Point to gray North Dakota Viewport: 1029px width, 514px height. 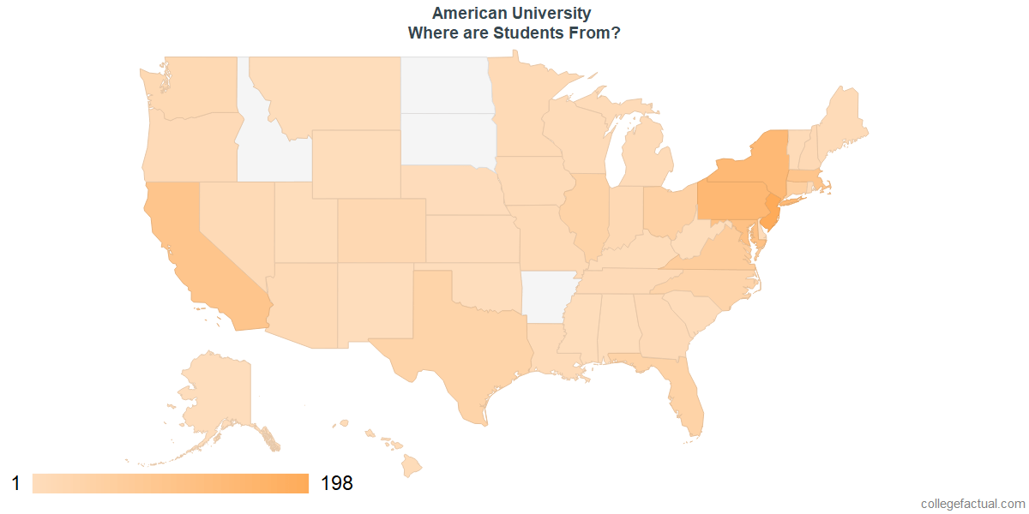point(444,85)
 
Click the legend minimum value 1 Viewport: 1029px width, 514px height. point(15,483)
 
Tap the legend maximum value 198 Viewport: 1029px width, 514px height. point(337,483)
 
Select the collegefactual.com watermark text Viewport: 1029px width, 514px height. point(972,504)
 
